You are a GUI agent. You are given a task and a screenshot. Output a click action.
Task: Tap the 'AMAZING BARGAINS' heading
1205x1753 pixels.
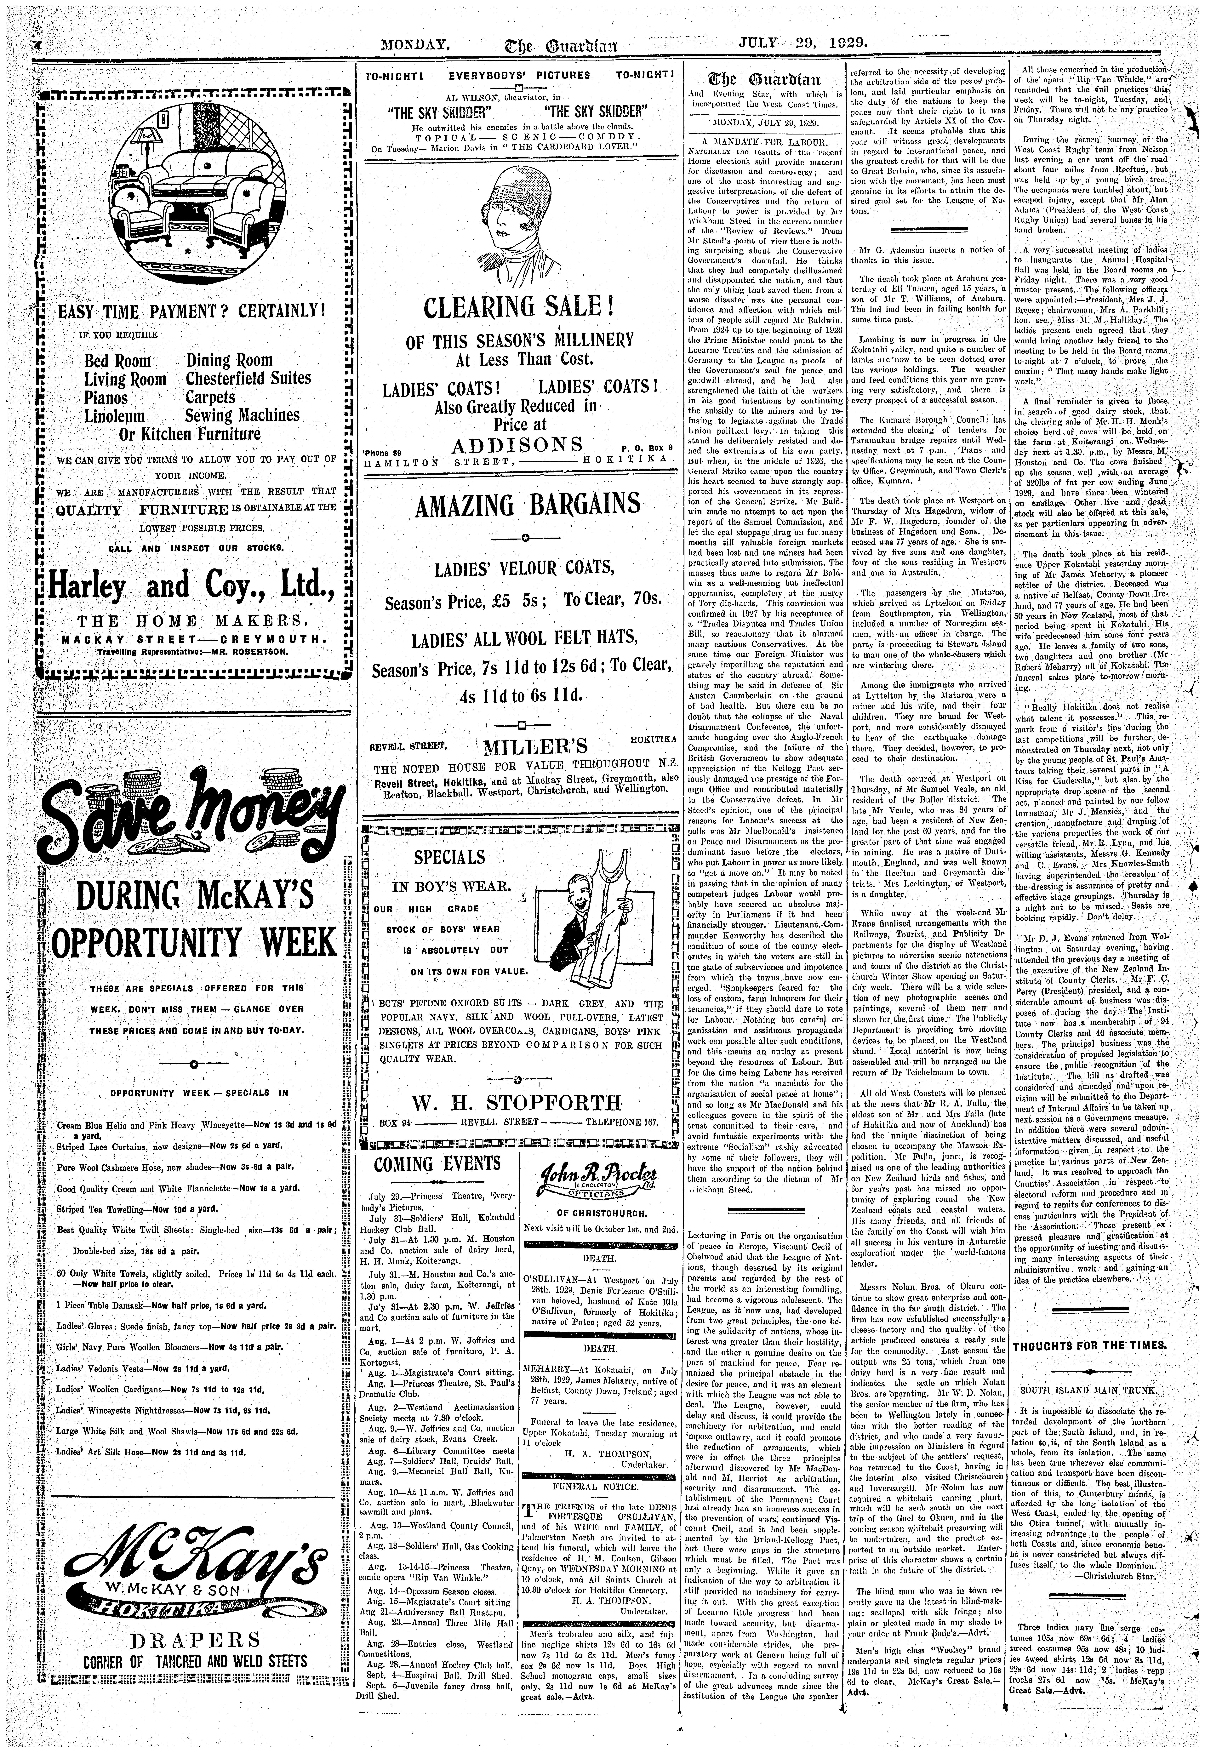pos(517,504)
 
